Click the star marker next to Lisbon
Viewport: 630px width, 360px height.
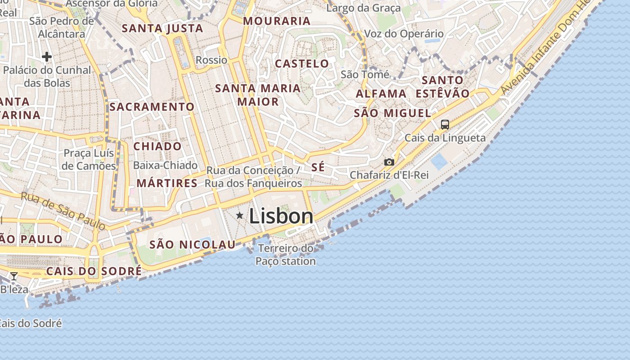[240, 216]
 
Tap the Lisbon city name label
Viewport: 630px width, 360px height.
[281, 216]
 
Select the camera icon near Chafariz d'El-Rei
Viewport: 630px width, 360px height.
[389, 162]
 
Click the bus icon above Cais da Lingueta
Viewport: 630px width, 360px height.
[445, 125]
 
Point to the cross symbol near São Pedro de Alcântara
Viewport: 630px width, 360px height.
[46, 57]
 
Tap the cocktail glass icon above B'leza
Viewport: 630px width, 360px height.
[14, 276]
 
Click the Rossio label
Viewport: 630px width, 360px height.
[211, 60]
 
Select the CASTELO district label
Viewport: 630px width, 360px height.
[302, 63]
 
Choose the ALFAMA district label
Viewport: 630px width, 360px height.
[381, 94]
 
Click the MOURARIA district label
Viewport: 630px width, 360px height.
[277, 21]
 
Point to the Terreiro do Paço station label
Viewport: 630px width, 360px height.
[286, 255]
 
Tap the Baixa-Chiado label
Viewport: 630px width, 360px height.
[165, 165]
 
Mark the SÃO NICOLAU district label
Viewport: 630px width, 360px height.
[192, 244]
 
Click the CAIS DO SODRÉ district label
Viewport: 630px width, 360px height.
[94, 271]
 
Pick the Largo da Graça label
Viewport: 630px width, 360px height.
[364, 8]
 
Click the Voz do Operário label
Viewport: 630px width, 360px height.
[404, 34]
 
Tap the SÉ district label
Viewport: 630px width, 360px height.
[318, 167]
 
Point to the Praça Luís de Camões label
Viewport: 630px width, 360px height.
[89, 159]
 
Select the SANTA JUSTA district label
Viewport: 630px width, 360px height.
[162, 28]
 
